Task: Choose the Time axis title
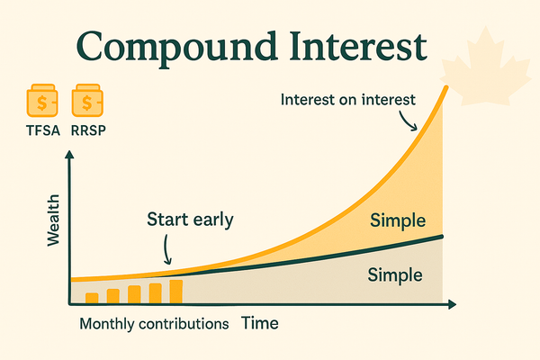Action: click(259, 322)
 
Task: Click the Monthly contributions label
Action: click(154, 323)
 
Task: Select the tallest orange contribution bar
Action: click(176, 291)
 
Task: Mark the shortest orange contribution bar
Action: click(91, 297)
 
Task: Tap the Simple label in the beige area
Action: click(393, 274)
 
